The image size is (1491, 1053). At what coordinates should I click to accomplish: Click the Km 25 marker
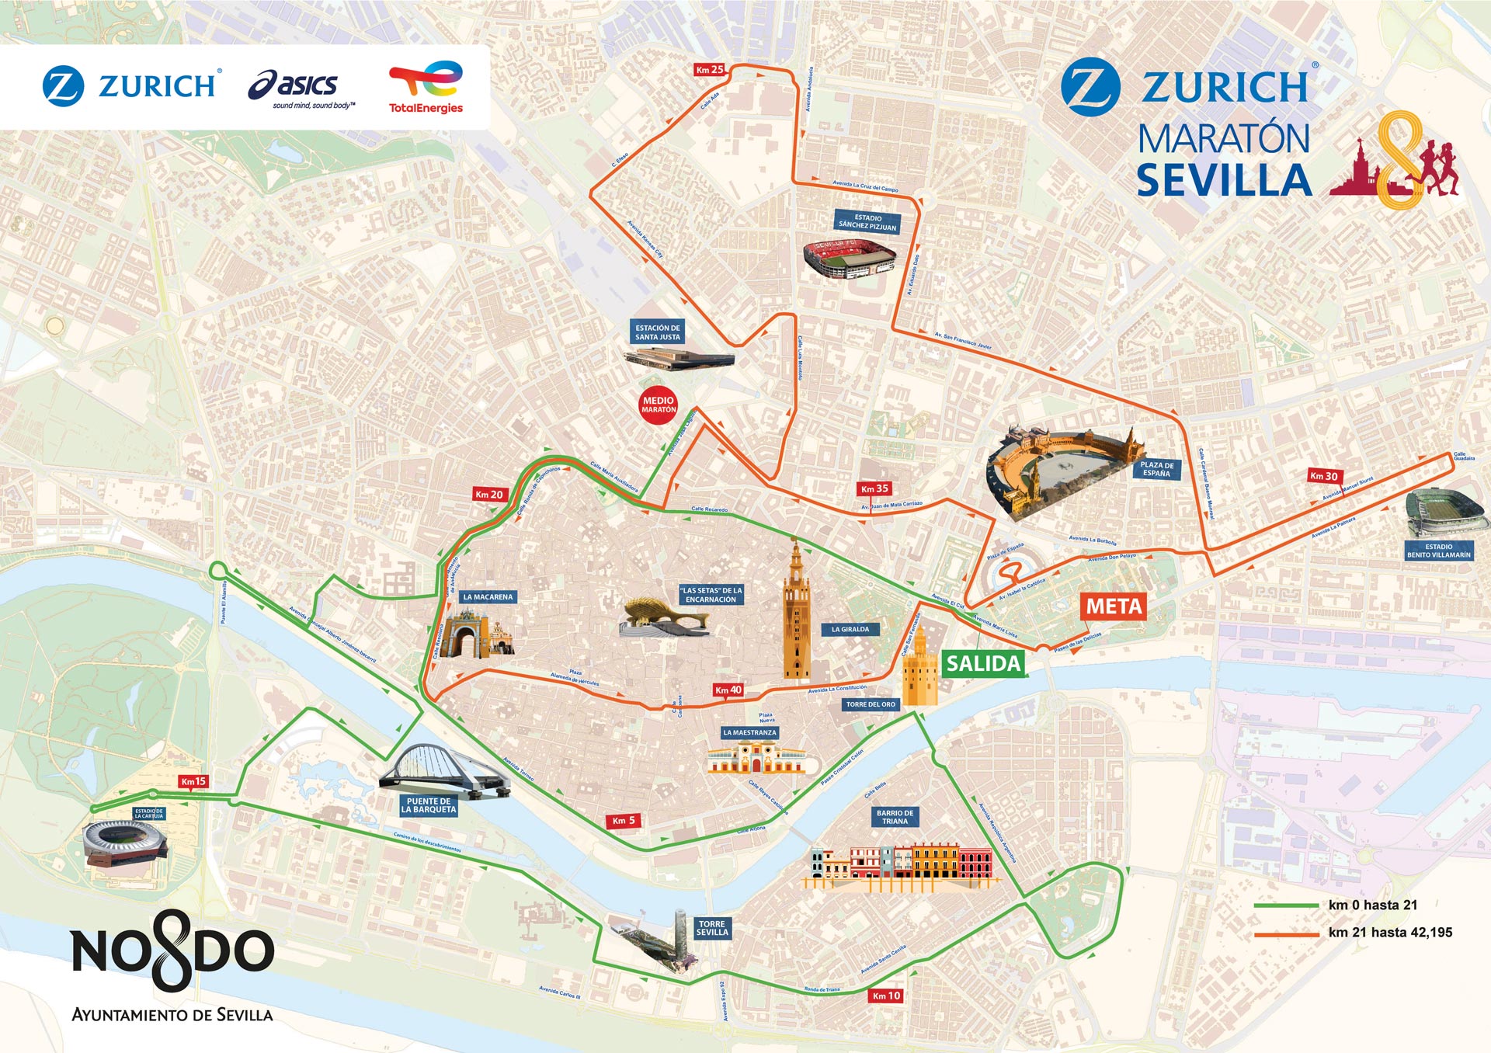click(709, 70)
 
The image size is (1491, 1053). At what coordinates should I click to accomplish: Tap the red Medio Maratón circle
click(659, 405)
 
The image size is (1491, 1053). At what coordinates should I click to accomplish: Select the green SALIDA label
click(983, 664)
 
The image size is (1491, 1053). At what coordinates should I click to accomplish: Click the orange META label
click(1114, 606)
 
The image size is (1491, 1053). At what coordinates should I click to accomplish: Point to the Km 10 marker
click(886, 996)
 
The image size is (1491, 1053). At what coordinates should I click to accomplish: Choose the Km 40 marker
click(728, 690)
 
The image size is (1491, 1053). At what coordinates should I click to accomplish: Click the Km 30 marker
click(1324, 476)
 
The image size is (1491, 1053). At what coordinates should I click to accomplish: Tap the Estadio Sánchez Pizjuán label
click(867, 222)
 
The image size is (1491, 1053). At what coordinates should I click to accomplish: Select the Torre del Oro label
click(871, 704)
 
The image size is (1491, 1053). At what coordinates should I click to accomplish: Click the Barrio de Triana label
click(895, 817)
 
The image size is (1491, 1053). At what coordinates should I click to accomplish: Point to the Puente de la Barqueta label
click(429, 805)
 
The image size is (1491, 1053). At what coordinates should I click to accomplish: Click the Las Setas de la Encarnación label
click(711, 595)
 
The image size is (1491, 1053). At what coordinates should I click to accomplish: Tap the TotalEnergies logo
click(426, 87)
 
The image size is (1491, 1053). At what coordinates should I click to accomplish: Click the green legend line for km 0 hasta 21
click(1285, 905)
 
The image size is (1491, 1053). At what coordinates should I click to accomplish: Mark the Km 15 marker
click(193, 781)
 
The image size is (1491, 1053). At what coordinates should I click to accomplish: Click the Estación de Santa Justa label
click(658, 332)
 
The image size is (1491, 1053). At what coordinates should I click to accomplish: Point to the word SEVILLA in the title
click(1224, 181)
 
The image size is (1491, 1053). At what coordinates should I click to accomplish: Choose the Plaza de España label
click(1156, 469)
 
